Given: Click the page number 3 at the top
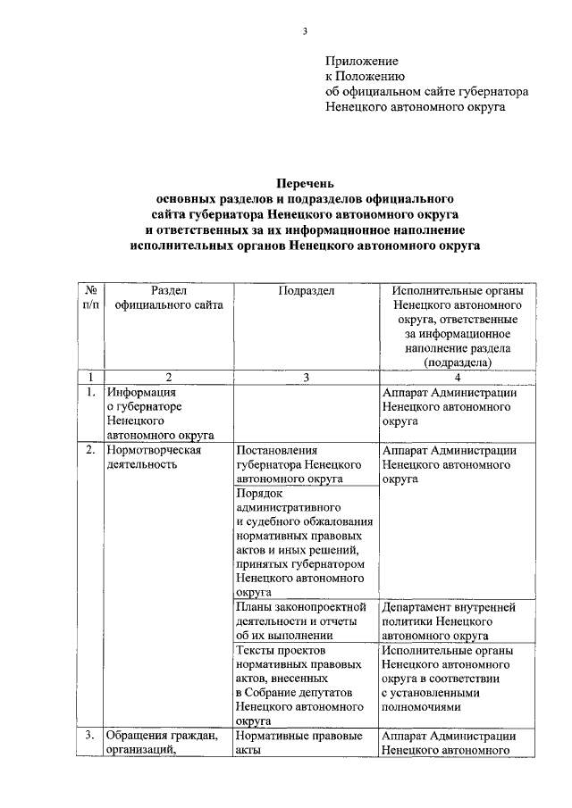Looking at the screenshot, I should coord(305,33).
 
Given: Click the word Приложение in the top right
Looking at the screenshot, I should coord(360,62).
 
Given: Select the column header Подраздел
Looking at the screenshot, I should coord(306,291).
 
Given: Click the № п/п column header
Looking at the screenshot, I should coord(89,298).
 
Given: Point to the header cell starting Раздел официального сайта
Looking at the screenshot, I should coord(168,298).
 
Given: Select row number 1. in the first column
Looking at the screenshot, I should coord(89,392).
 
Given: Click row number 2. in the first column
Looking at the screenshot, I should coord(89,450).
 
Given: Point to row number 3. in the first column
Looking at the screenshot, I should coord(89,736).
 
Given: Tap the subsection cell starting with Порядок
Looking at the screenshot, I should coord(304,541).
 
